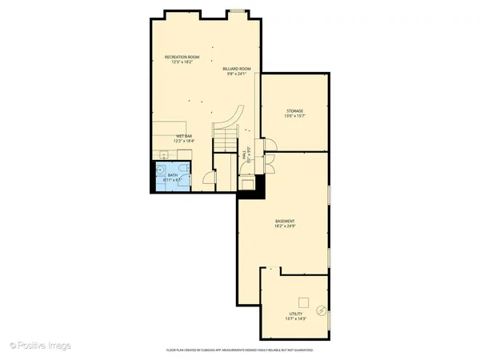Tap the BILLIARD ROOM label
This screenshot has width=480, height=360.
(x=237, y=69)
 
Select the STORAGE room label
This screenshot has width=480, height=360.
(x=295, y=111)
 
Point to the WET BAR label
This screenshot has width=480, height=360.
(x=183, y=136)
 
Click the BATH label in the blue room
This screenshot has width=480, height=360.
(x=173, y=174)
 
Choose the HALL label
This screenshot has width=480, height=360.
(x=244, y=155)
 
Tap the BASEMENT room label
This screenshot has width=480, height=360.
(x=286, y=221)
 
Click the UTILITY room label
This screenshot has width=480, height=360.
(x=296, y=314)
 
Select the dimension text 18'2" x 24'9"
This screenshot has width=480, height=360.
(x=286, y=226)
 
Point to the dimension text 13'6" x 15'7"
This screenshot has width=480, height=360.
(x=295, y=117)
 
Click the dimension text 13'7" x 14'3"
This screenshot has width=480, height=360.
(x=296, y=319)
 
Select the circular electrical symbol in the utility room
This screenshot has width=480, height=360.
(x=321, y=310)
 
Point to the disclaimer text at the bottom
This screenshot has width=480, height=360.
(x=239, y=350)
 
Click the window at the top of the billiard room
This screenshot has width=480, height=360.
(x=238, y=11)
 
